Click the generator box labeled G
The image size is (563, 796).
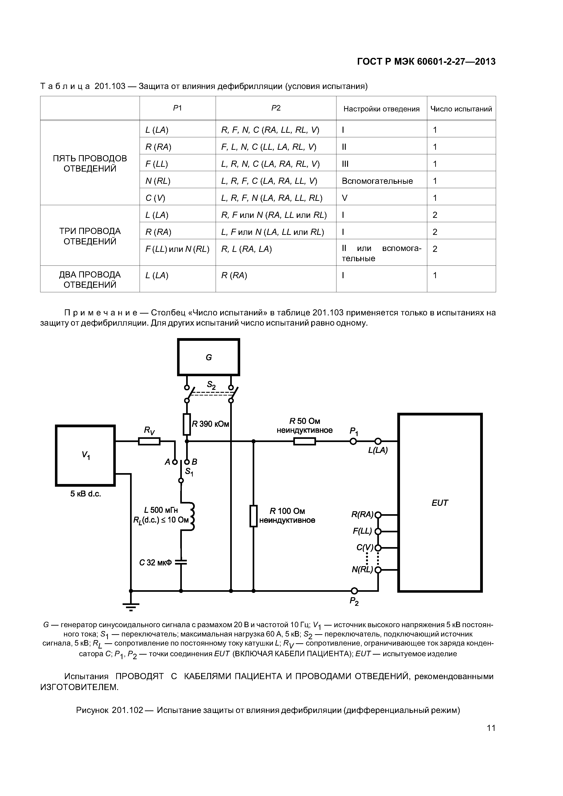[208, 357]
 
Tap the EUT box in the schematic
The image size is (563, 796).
[440, 503]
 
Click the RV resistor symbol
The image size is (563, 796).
[149, 441]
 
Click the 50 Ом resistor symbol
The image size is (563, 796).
[305, 441]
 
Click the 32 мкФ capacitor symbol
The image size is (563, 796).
[181, 562]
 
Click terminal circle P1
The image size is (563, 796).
[353, 441]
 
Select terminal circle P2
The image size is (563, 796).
[354, 591]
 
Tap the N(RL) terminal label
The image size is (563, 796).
[362, 570]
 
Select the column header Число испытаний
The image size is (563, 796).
[461, 109]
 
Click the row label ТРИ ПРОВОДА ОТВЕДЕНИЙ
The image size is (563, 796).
[90, 236]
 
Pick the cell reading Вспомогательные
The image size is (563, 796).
[377, 181]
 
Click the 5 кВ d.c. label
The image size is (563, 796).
[85, 494]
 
